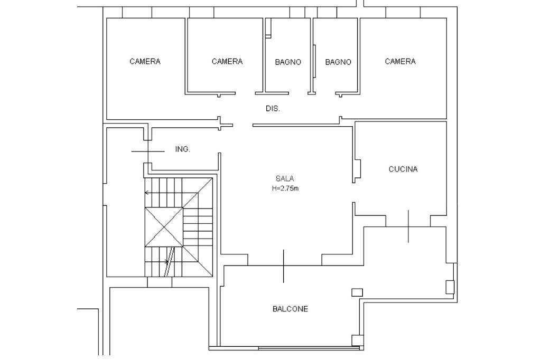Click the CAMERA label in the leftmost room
click(145, 62)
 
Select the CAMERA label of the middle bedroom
click(227, 62)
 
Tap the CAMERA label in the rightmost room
click(400, 62)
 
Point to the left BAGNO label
click(288, 62)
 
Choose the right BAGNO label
click(338, 62)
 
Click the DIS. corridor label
click(273, 109)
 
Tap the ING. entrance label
click(182, 149)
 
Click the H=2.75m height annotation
click(285, 188)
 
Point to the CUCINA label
click(403, 169)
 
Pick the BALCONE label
click(290, 309)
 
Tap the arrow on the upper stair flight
click(147, 193)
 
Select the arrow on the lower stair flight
click(166, 261)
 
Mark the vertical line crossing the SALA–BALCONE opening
click(283, 266)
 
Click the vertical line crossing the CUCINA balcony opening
click(408, 226)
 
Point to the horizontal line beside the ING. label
click(147, 151)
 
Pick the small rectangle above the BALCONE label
click(357, 292)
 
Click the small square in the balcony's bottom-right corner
click(357, 340)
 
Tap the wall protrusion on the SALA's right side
click(358, 169)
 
